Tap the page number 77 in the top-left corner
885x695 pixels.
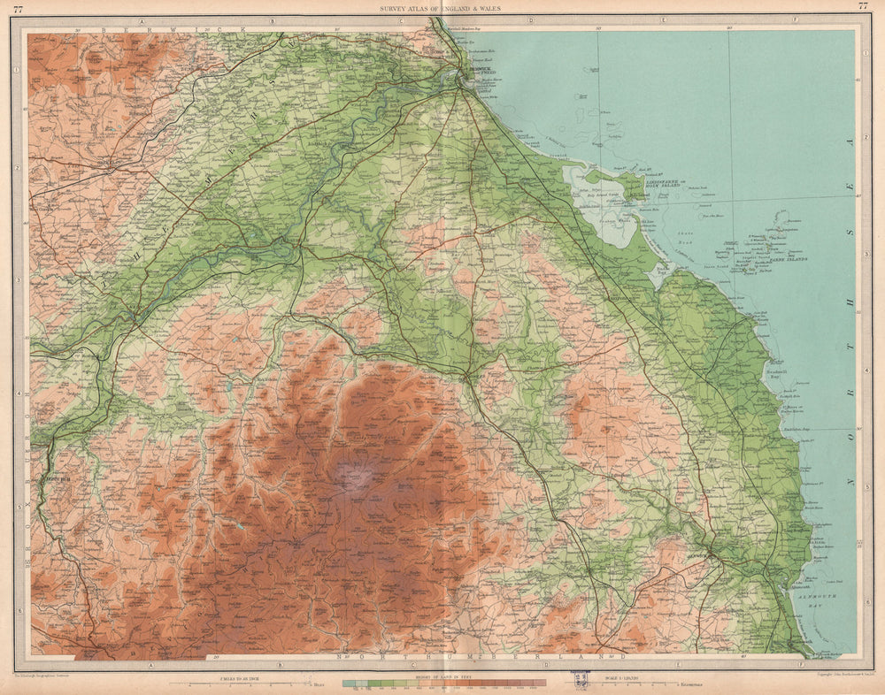(18, 7)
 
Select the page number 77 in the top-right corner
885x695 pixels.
(863, 7)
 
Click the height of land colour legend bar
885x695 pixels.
(442, 684)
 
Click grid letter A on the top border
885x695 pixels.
(141, 19)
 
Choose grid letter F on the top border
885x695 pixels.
(794, 19)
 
